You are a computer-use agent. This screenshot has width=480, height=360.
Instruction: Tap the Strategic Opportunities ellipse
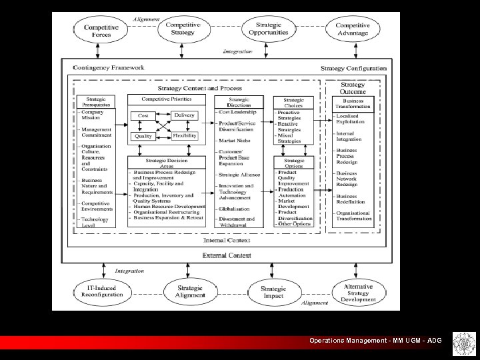click(268, 29)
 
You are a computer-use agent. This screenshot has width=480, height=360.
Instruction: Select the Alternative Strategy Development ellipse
click(359, 291)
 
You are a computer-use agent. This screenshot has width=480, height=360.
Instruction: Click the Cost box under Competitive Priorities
click(143, 116)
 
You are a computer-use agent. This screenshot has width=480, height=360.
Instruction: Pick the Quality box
click(143, 136)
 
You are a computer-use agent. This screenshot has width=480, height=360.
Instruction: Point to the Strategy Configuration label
click(353, 68)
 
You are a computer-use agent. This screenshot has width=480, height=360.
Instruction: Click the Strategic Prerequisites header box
click(98, 102)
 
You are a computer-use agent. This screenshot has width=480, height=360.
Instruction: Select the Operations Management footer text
click(375, 341)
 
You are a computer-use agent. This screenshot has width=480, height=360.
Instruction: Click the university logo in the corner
click(461, 342)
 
